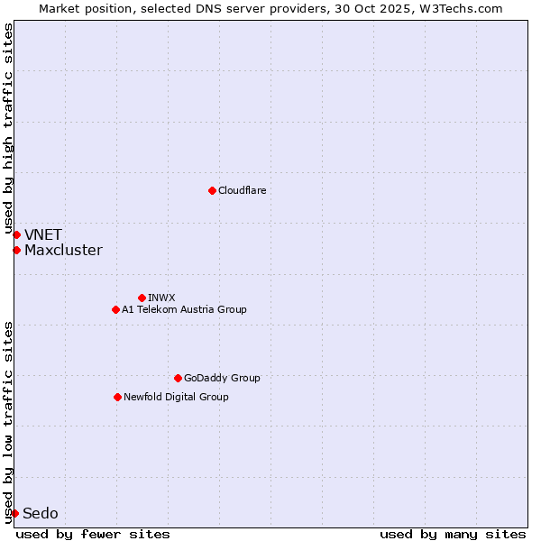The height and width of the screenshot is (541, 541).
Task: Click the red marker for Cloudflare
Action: pos(212,190)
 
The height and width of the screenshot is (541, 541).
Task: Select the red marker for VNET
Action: pos(16,234)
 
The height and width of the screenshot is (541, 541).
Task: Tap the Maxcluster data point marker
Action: pos(16,250)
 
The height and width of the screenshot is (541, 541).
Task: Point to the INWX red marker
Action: pos(142,298)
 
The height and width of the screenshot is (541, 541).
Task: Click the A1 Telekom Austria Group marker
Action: pos(115,309)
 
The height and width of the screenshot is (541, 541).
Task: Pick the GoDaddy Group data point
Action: pos(178,378)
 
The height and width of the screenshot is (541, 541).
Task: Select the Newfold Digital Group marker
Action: pos(117,397)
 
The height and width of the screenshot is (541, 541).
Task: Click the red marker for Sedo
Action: pos(14,513)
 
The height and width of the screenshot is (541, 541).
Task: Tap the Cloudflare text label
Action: pos(242,190)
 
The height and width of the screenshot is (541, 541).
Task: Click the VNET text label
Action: pos(43,234)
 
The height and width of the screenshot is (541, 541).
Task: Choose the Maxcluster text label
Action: pos(63,250)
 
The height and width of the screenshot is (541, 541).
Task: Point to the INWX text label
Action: pos(161,298)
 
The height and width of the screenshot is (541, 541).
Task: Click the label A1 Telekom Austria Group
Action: pos(184,309)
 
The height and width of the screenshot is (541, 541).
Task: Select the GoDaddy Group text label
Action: pos(222,378)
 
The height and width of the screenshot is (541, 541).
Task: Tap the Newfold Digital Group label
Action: pos(176,397)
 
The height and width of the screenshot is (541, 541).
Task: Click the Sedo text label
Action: pos(41,513)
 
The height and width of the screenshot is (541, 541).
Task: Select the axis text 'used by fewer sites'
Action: pos(93,534)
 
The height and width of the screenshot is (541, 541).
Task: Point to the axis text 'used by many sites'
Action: pos(453,534)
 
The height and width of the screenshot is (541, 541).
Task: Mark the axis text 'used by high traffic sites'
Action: pos(8,128)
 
